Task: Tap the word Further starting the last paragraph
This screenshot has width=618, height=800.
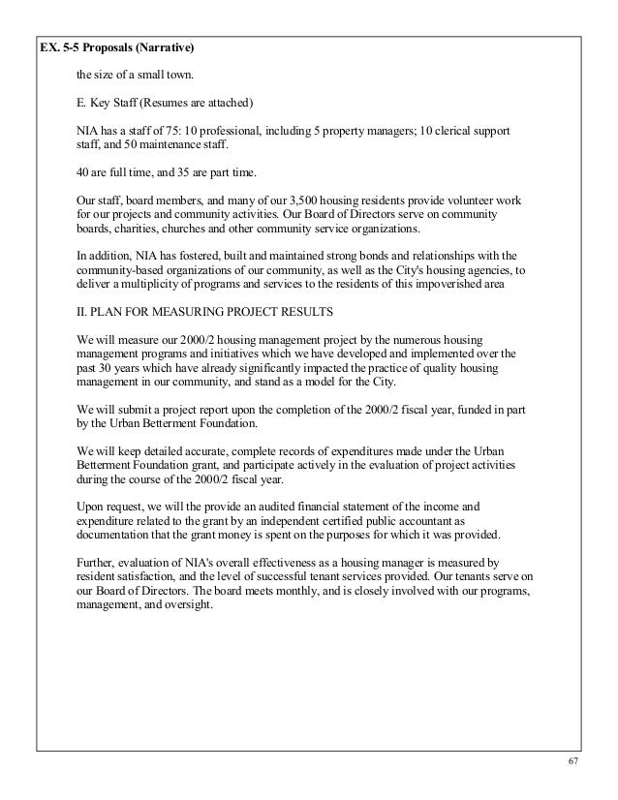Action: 94,564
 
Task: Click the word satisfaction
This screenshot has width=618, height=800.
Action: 143,578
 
